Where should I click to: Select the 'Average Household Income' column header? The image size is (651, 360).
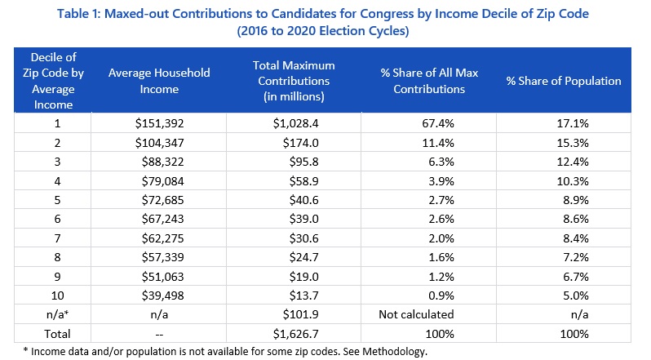pyautogui.click(x=159, y=81)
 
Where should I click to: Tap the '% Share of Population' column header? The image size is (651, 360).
pyautogui.click(x=562, y=81)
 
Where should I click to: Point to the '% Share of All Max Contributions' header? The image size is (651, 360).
pyautogui.click(x=423, y=81)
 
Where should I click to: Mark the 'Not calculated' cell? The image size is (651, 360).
pyautogui.click(x=417, y=313)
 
